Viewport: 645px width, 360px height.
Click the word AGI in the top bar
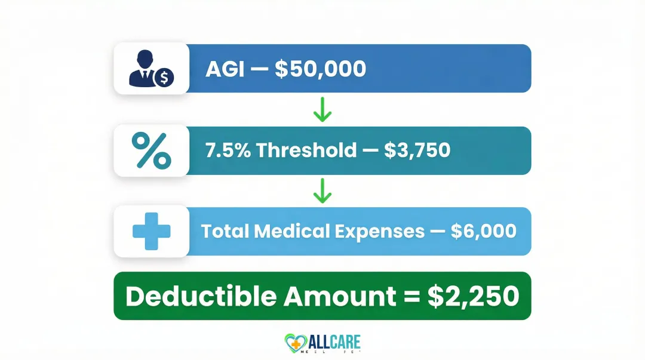pyautogui.click(x=225, y=69)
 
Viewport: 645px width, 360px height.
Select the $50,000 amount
pyautogui.click(x=320, y=69)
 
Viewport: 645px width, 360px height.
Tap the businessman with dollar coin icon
pyautogui.click(x=150, y=68)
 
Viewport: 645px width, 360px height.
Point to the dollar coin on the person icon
pyautogui.click(x=163, y=77)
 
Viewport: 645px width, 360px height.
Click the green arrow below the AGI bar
pyautogui.click(x=322, y=110)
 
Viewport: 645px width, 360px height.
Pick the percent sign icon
pyautogui.click(x=151, y=150)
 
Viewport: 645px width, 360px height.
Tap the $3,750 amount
pyautogui.click(x=417, y=150)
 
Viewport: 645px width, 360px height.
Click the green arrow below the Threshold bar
pyautogui.click(x=322, y=192)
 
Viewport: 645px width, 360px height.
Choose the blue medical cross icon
pyautogui.click(x=151, y=231)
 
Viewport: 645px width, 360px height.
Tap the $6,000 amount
pyautogui.click(x=484, y=231)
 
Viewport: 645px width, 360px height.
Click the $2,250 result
pyautogui.click(x=473, y=297)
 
